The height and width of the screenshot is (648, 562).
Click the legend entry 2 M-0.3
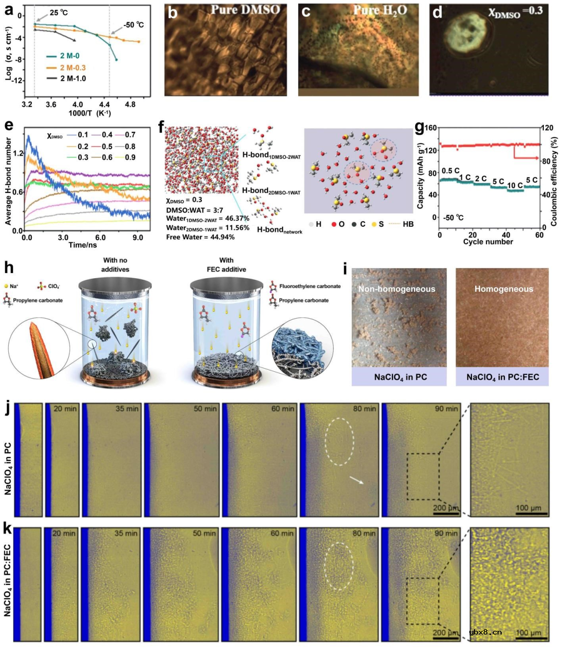72,68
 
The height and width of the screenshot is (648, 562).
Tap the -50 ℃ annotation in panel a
133,25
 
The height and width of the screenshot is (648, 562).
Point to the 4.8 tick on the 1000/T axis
130,105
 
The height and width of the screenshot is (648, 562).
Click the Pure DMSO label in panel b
245,10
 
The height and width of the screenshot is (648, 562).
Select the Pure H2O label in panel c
380,10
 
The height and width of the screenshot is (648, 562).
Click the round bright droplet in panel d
464,32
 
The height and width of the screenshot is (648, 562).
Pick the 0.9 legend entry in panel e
130,157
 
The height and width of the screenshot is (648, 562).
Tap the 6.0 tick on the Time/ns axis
100,237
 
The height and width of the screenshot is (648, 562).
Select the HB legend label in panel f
408,224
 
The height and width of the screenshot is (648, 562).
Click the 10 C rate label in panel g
515,185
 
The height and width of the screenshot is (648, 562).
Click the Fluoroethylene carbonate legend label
310,286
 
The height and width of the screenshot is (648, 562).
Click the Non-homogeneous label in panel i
397,289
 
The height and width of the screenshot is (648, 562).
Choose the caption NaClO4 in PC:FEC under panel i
502,377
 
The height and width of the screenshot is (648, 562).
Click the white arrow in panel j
356,481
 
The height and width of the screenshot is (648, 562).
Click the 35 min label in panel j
127,409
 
